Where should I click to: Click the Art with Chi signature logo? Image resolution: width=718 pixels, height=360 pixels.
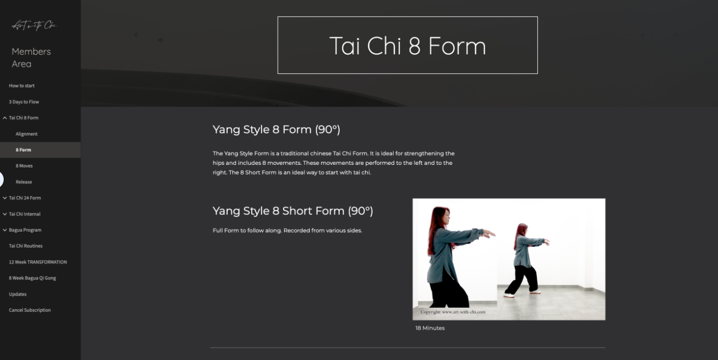pyautogui.click(x=34, y=25)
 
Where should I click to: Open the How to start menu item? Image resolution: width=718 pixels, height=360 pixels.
pyautogui.click(x=21, y=86)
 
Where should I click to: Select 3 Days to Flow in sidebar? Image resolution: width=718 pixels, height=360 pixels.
pyautogui.click(x=24, y=102)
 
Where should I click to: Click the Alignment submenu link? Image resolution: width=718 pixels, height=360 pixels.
pyautogui.click(x=27, y=134)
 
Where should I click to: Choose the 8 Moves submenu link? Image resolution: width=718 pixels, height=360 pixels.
pyautogui.click(x=24, y=166)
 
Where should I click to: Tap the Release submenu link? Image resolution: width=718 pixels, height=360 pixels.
pyautogui.click(x=24, y=182)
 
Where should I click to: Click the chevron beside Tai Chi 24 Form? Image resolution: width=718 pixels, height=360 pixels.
pyautogui.click(x=5, y=198)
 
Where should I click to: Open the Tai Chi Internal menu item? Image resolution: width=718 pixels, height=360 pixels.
pyautogui.click(x=25, y=214)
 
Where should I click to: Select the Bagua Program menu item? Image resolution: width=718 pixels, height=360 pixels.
pyautogui.click(x=25, y=230)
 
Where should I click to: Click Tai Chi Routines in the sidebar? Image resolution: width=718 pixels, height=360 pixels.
pyautogui.click(x=26, y=246)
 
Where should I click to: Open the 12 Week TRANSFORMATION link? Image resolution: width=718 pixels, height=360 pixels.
pyautogui.click(x=38, y=262)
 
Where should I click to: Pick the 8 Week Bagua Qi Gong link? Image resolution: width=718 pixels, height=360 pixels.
pyautogui.click(x=32, y=278)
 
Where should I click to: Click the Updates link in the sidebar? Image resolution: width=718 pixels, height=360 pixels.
pyautogui.click(x=18, y=294)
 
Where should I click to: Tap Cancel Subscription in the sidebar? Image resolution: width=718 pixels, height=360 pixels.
pyautogui.click(x=30, y=310)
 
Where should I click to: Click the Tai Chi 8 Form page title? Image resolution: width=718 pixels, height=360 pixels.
pyautogui.click(x=407, y=46)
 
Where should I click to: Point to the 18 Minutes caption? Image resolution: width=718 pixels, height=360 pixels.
pyautogui.click(x=430, y=328)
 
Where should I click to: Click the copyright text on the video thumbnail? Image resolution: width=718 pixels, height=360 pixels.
pyautogui.click(x=453, y=312)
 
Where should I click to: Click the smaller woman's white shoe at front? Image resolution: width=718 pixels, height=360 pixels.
pyautogui.click(x=508, y=296)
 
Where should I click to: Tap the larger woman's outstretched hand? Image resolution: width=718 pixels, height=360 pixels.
pyautogui.click(x=489, y=233)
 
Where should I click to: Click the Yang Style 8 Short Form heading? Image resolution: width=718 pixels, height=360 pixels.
pyautogui.click(x=293, y=211)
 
